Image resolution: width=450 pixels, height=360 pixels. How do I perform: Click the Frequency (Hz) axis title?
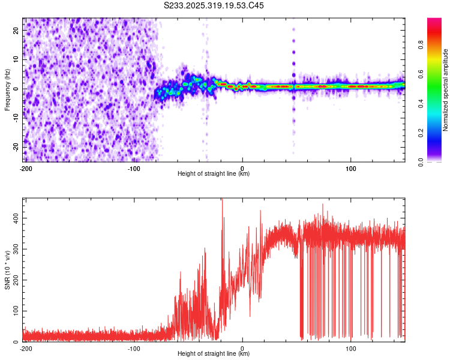[x=7, y=89]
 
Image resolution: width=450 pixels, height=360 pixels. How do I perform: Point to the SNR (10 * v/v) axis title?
[x=7, y=269]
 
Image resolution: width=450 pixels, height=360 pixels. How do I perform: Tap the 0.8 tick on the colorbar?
[x=420, y=44]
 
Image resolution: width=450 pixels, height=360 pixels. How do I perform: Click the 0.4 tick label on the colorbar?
[x=420, y=103]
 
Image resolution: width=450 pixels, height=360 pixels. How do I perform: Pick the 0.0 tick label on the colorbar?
[x=420, y=161]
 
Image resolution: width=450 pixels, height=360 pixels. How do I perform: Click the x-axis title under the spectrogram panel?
[x=214, y=174]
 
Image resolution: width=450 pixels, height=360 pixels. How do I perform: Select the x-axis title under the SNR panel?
[x=214, y=354]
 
